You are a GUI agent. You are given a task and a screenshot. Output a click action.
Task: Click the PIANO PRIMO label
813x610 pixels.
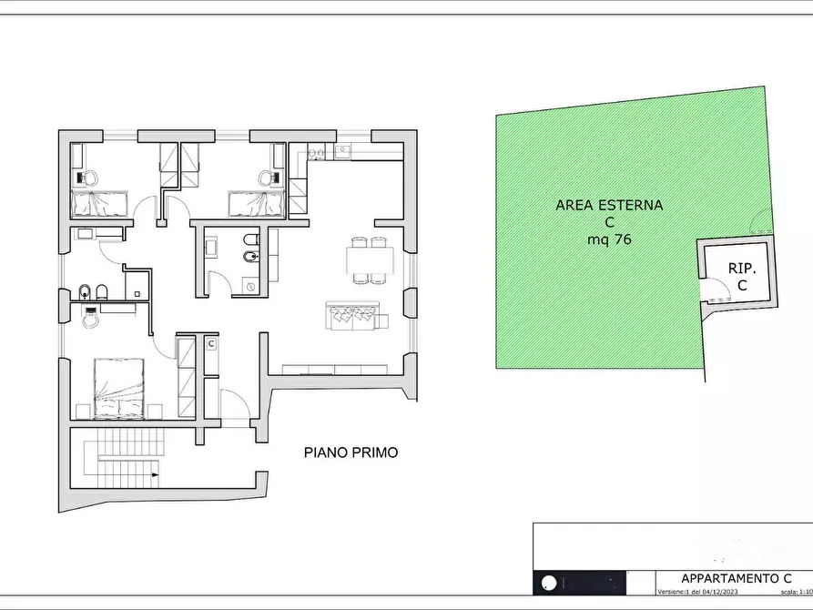pos(351,452)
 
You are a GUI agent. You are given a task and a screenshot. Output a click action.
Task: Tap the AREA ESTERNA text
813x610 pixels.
pos(609,206)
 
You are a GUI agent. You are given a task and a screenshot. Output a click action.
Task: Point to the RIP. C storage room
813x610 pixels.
pos(741,277)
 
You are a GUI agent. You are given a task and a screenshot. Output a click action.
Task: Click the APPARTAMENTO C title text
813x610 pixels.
pos(736,579)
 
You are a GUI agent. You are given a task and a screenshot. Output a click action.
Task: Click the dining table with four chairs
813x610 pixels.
pos(370,260)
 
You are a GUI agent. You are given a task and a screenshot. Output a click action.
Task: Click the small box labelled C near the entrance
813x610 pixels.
pos(210,344)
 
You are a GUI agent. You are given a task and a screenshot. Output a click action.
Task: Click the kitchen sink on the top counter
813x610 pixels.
pos(341,151)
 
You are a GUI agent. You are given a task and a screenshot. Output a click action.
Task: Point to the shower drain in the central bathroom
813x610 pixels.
pos(249,285)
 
